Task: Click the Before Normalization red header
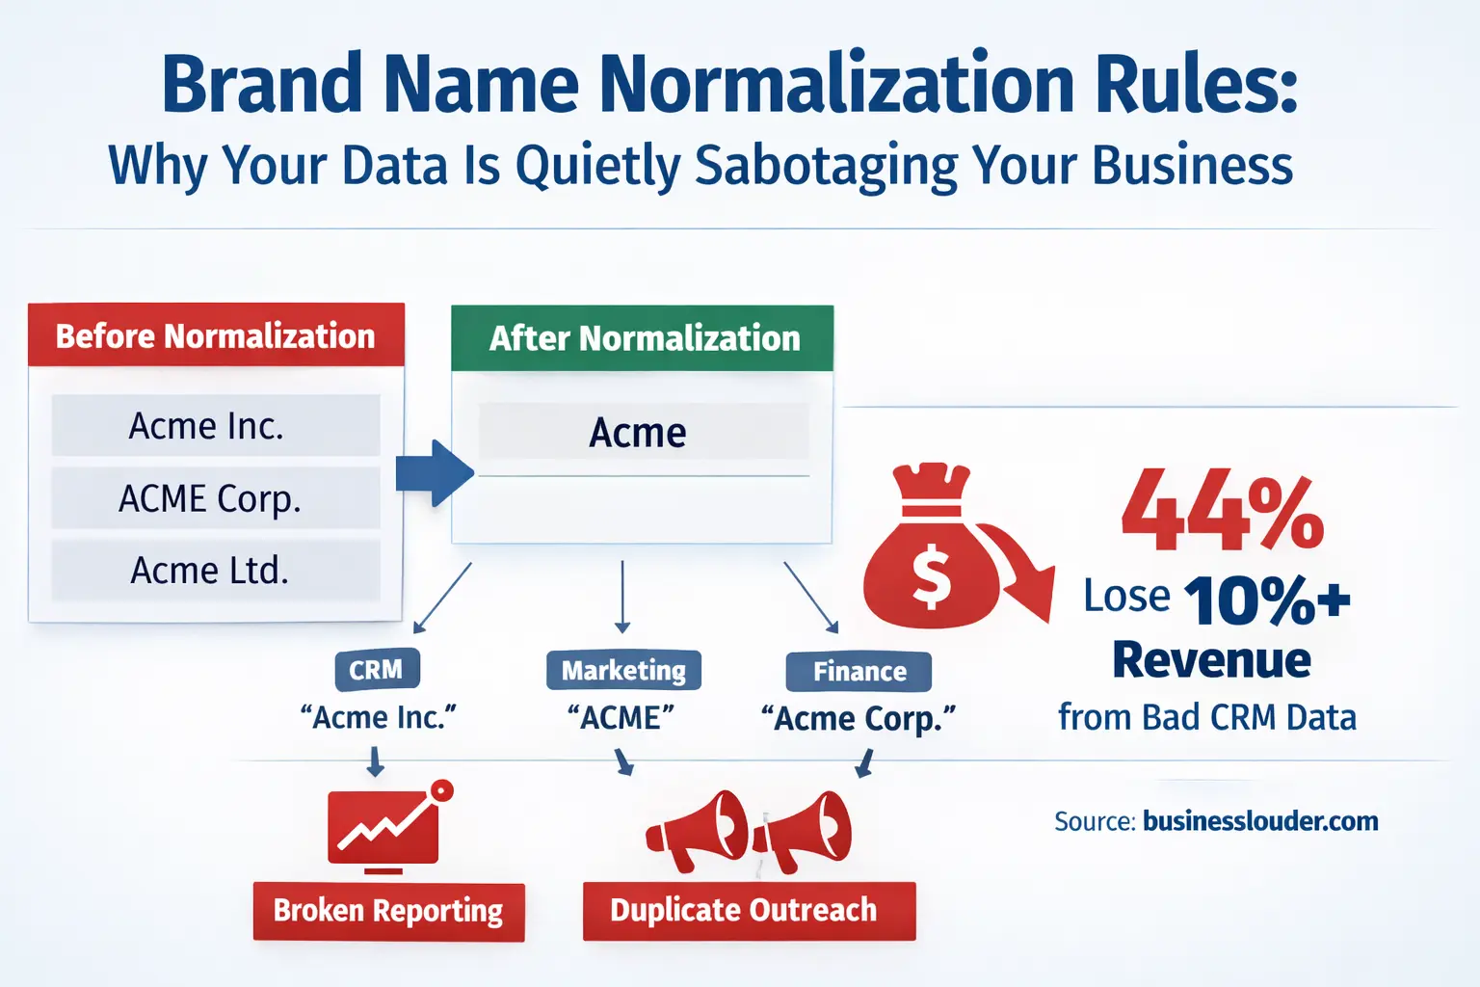[216, 334]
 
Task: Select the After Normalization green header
[643, 337]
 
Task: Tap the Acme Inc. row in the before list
[216, 425]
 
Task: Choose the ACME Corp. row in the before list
[216, 497]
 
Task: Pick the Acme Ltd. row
[216, 571]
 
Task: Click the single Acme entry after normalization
[644, 432]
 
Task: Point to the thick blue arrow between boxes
[435, 473]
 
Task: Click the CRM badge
[377, 670]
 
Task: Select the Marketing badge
[623, 670]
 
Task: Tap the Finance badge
[859, 672]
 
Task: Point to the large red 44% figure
[1223, 510]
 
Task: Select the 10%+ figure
[1267, 600]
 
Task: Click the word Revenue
[1212, 659]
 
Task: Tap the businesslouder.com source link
[1260, 821]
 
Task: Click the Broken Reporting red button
[389, 911]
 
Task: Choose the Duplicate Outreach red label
[750, 910]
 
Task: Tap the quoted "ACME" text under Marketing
[621, 718]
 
